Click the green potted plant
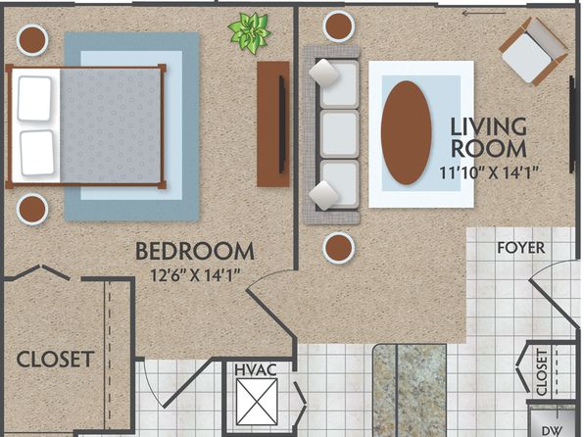[249, 32]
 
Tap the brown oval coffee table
[406, 132]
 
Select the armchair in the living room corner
[533, 51]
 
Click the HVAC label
[256, 370]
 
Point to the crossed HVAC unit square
[257, 402]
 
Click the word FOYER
[521, 248]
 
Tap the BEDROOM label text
[195, 252]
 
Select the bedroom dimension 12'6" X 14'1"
[194, 275]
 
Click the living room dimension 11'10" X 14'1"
[489, 172]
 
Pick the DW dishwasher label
[552, 431]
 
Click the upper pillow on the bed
[34, 99]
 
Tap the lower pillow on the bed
[37, 153]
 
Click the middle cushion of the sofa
[340, 134]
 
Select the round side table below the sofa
[339, 248]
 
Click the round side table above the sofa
[339, 26]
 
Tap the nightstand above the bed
[32, 40]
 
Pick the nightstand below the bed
[32, 209]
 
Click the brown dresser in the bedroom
[273, 124]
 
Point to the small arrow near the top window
[484, 14]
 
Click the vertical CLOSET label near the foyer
[542, 371]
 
